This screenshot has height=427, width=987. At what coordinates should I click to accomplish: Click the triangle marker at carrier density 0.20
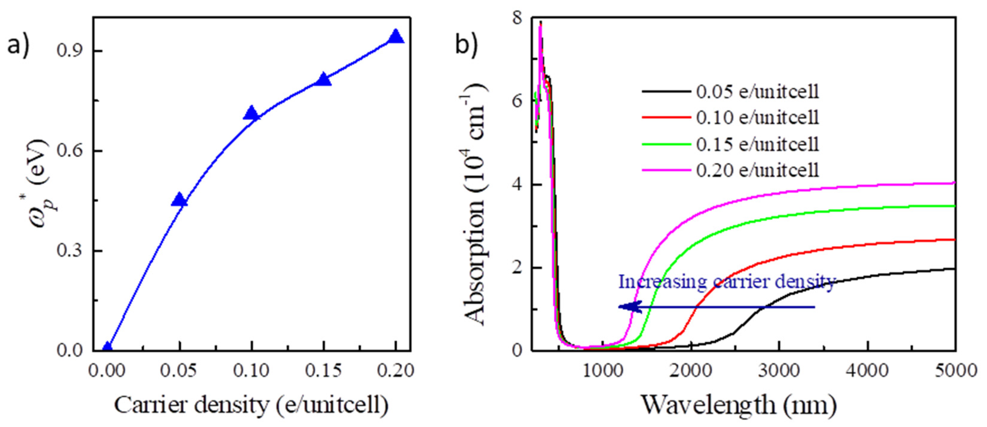[396, 37]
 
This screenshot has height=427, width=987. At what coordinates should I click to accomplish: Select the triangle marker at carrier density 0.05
[179, 200]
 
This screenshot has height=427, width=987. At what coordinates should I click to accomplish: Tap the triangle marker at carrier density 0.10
[252, 114]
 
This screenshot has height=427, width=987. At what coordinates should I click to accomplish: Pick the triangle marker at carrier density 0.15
[324, 80]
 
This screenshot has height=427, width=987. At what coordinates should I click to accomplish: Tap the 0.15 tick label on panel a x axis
[324, 370]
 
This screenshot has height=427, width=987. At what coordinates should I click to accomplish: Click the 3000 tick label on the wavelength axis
[779, 370]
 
